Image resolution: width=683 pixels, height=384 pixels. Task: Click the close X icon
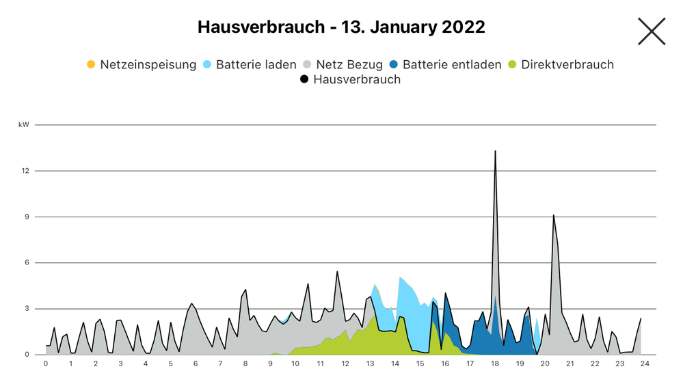click(651, 31)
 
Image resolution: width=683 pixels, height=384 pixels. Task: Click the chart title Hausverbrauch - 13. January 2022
click(341, 27)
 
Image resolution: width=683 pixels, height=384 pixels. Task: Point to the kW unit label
click(24, 125)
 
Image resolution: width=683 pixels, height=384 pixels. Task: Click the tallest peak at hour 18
click(495, 151)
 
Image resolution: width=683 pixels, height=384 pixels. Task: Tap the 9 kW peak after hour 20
click(554, 215)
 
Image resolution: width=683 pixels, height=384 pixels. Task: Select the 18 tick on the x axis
click(494, 364)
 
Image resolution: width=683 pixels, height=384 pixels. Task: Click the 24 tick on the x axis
click(644, 364)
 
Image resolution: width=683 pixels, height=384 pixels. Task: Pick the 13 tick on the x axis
click(370, 364)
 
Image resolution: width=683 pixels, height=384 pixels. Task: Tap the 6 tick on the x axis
click(196, 364)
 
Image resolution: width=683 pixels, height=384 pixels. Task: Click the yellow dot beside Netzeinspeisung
click(91, 65)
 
